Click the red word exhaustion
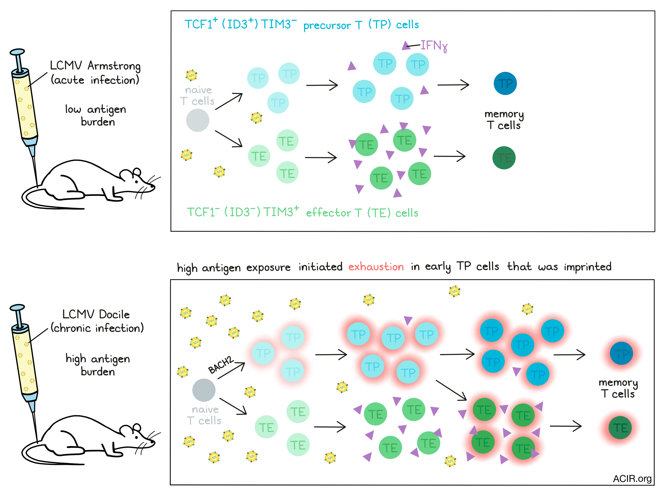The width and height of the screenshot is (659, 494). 376,267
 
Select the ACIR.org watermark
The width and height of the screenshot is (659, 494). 632,479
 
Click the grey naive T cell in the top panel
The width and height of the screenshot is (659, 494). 198,120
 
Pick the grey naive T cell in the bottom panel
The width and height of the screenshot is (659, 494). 204,390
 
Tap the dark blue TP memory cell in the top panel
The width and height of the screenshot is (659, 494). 505,83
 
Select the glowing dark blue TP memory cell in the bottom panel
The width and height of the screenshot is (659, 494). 621,353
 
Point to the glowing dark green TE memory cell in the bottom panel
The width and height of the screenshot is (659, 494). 620,428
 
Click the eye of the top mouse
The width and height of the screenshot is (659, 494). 137,181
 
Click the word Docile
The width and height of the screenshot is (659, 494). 114,314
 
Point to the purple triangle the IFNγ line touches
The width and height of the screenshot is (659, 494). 406,45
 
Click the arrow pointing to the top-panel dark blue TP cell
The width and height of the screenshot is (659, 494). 453,85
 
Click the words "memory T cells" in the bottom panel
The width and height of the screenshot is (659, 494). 618,388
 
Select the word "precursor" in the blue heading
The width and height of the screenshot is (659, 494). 327,26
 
